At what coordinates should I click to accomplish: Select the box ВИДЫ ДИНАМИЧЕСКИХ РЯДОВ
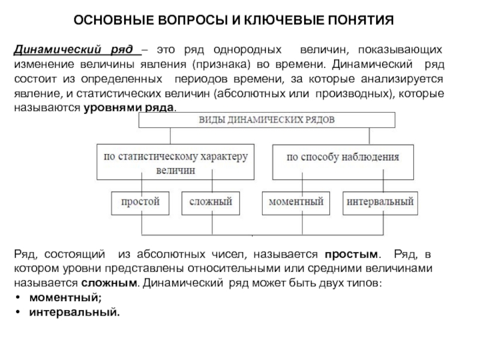267,119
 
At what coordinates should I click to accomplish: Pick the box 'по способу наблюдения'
343,158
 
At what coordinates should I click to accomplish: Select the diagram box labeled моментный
295,202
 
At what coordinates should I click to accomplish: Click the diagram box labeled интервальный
380,202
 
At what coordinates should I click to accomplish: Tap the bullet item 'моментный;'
65,298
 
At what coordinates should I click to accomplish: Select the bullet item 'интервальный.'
74,312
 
